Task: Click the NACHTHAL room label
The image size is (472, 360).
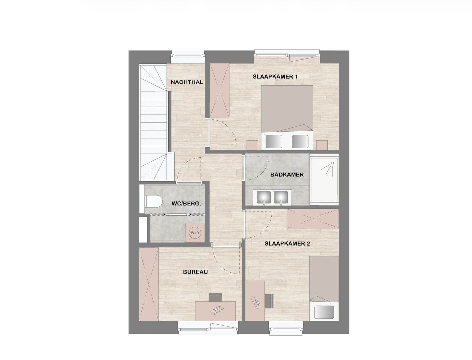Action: tap(187, 82)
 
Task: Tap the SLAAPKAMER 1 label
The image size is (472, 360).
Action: tap(275, 77)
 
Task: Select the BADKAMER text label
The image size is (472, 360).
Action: tap(287, 174)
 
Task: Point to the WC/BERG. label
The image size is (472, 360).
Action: tap(186, 203)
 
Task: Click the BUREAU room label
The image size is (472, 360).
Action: tap(195, 272)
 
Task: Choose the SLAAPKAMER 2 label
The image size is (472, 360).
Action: tap(287, 244)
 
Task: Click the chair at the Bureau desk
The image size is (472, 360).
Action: tap(215, 296)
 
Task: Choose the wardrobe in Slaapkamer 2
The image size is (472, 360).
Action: tap(312, 218)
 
